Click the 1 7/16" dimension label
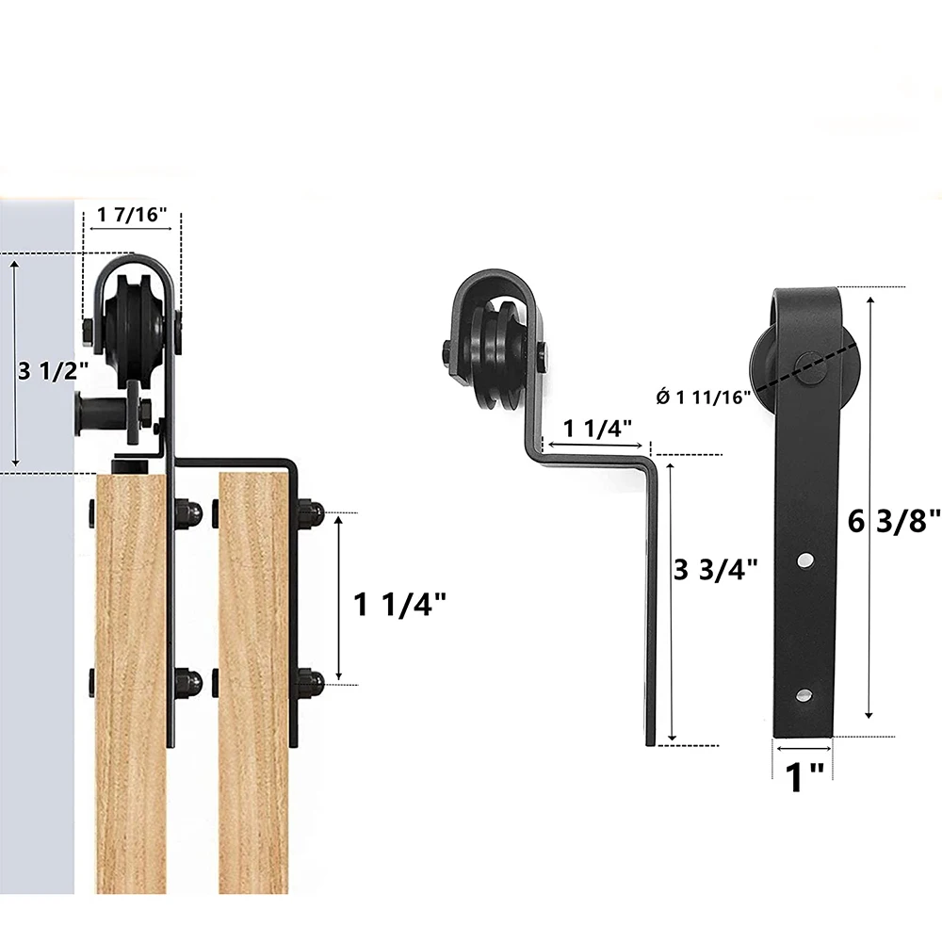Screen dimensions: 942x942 (132, 214)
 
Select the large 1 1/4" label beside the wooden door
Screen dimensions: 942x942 (400, 604)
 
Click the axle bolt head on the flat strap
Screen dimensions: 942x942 (803, 361)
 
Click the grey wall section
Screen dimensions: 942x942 (38, 659)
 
